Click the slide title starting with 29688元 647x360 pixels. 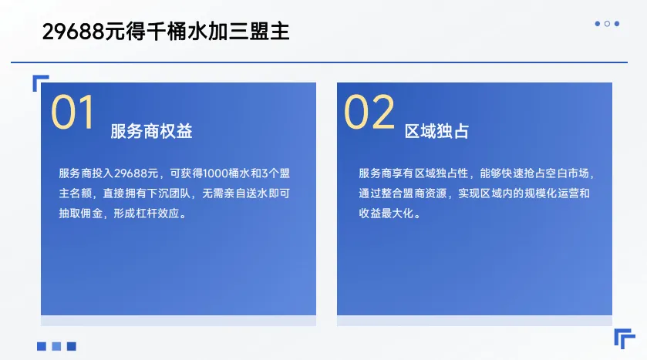(166, 32)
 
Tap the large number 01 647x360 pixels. (72, 113)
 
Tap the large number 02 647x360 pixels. (369, 113)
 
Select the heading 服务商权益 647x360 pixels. (151, 132)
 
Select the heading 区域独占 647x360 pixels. (436, 132)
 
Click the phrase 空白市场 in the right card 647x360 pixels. (568, 173)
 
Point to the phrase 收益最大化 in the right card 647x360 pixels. (389, 213)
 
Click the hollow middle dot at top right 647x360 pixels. (607, 24)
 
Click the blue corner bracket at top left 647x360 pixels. (40, 82)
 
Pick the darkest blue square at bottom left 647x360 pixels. (72, 346)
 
